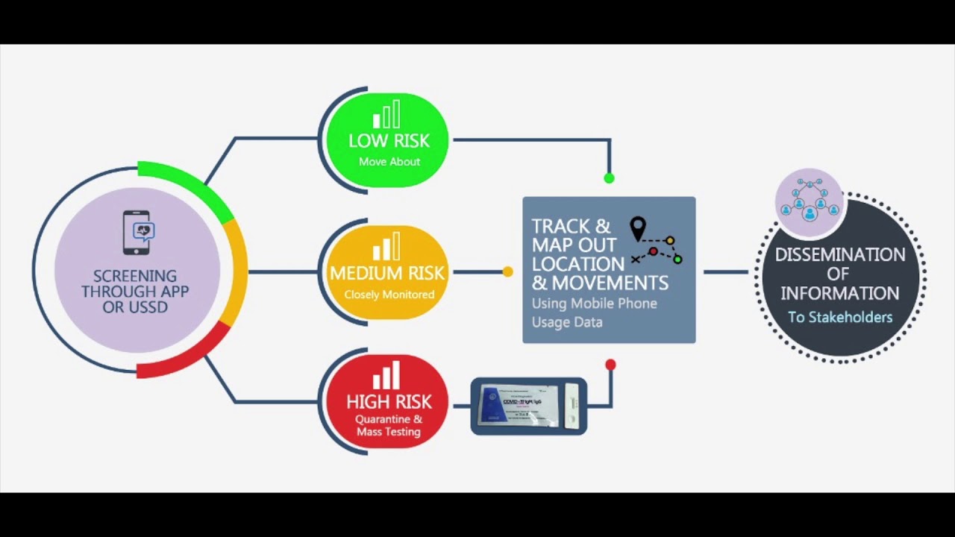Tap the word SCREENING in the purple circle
coord(135,276)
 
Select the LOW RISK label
coord(389,140)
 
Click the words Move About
coord(389,162)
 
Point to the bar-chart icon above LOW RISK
coord(386,115)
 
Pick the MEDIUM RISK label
coord(387,273)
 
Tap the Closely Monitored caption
coord(389,295)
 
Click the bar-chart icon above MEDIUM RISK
coord(386,248)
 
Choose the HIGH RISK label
coord(389,402)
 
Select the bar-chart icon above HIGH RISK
coord(386,376)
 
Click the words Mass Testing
coord(388,432)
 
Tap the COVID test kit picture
coord(529,406)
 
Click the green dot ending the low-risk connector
coord(609,178)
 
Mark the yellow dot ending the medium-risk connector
coord(507,271)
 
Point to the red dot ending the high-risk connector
coord(610,365)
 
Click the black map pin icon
coord(637,228)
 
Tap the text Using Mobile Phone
coord(594,304)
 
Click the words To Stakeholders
coord(840,317)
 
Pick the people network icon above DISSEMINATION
coord(810,198)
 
